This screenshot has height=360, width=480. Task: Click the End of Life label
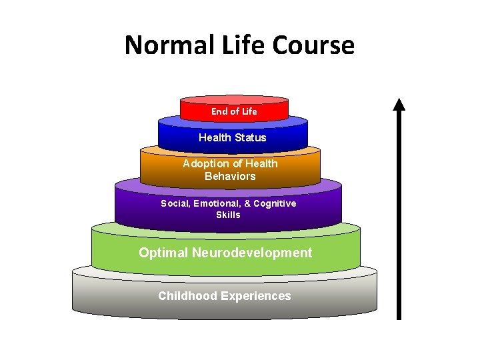click(x=234, y=111)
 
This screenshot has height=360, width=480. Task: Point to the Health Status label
click(x=233, y=137)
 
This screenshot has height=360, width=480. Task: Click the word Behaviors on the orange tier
click(x=230, y=177)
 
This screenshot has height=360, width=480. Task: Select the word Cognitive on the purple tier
click(x=272, y=203)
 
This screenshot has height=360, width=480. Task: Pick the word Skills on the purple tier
click(x=228, y=215)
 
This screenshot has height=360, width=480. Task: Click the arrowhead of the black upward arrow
click(x=399, y=105)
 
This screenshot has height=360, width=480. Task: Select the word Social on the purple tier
click(x=175, y=203)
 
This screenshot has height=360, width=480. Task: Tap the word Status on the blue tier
click(x=250, y=137)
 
